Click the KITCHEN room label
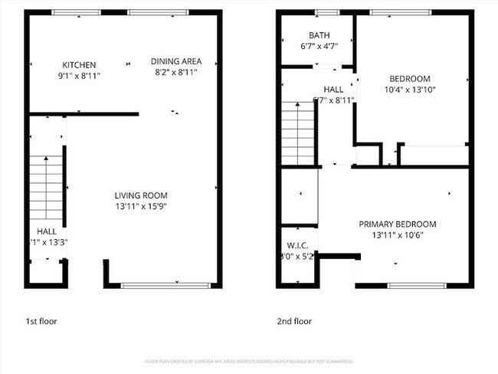pyautogui.click(x=79, y=65)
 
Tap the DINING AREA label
pyautogui.click(x=175, y=62)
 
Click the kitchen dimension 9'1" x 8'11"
pyautogui.click(x=79, y=76)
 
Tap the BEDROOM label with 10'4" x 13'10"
pyautogui.click(x=410, y=78)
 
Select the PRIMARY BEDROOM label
pyautogui.click(x=398, y=225)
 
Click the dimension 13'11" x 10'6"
pyautogui.click(x=398, y=235)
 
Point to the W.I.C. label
pyautogui.click(x=297, y=245)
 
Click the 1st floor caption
pyautogui.click(x=41, y=321)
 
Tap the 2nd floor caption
pyautogui.click(x=294, y=321)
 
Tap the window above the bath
pyautogui.click(x=328, y=12)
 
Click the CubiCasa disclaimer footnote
pyautogui.click(x=249, y=361)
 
